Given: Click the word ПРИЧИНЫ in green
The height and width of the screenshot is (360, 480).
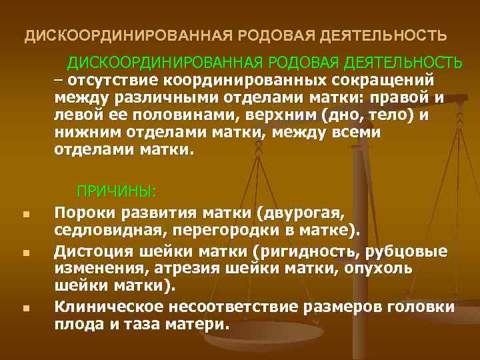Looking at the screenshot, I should pyautogui.click(x=115, y=192).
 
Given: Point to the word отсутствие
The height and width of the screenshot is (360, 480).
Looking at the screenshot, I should pyautogui.click(x=101, y=79).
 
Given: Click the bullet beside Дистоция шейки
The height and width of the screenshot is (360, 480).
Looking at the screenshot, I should pyautogui.click(x=24, y=253).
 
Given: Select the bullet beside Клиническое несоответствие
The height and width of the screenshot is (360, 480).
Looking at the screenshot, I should pyautogui.click(x=24, y=309).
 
